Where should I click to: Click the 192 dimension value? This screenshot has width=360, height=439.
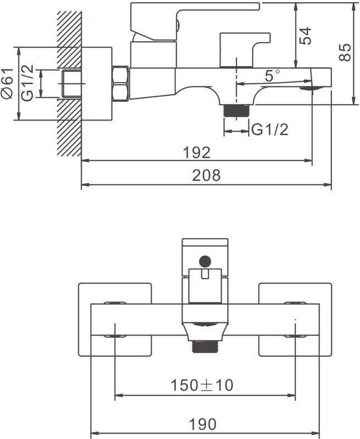196,152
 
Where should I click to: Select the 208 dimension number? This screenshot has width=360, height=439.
206,175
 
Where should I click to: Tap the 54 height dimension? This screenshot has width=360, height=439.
305,36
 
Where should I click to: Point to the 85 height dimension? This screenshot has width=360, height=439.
344,52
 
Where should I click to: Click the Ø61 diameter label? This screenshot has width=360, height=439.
7,83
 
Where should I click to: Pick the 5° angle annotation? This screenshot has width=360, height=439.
272,75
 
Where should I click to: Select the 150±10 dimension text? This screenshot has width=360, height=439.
202,385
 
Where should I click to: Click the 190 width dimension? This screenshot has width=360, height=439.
203,424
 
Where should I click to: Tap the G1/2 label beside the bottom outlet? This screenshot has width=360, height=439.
270,130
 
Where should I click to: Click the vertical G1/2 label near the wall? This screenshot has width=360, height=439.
27,83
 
